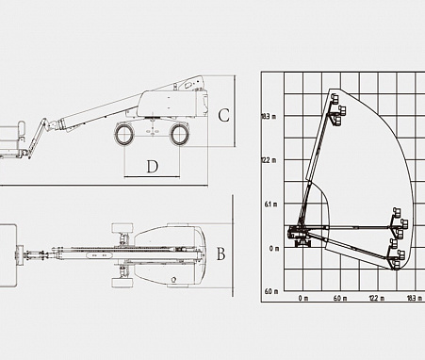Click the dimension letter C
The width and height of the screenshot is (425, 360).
pyautogui.click(x=223, y=115)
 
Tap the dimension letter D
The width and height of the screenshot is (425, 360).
pyautogui.click(x=153, y=167)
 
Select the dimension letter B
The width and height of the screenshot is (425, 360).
pyautogui.click(x=221, y=254)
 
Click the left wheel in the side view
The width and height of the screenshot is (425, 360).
pyautogui.click(x=124, y=134)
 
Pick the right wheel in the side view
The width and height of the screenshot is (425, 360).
pyautogui.click(x=179, y=135)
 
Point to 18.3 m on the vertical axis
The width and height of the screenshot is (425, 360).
pyautogui.click(x=269, y=117)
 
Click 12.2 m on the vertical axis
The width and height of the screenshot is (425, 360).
pyautogui.click(x=269, y=160)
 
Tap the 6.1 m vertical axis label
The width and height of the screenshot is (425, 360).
pyautogui.click(x=270, y=205)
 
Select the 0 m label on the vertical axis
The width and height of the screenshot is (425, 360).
pyautogui.click(x=274, y=249)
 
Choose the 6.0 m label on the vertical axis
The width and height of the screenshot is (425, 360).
pyautogui.click(x=271, y=291)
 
